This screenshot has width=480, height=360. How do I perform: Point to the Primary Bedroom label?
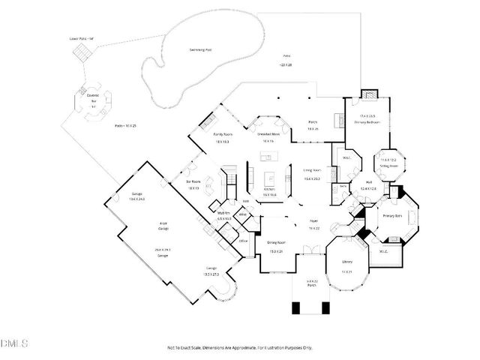point(368,121)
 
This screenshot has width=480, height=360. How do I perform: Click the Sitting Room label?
point(388,164)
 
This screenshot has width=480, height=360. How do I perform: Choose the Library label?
point(347,261)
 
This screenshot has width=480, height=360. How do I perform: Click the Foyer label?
point(314,220)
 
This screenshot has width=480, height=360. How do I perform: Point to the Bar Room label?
point(193,181)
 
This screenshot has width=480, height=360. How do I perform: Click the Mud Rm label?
point(223,213)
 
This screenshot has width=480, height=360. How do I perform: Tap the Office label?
point(243,241)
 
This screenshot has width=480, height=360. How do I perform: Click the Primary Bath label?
point(393,216)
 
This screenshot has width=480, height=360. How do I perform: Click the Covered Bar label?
point(93,95)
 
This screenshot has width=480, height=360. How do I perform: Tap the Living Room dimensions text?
point(312,178)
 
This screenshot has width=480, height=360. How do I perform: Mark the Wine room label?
point(243,215)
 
